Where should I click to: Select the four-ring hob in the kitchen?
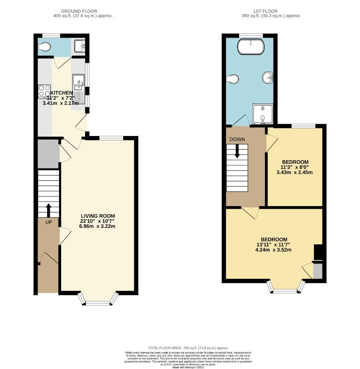pyautogui.click(x=44, y=91)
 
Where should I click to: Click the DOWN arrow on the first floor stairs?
pyautogui.click(x=237, y=151)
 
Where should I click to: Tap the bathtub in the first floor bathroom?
pyautogui.click(x=251, y=47)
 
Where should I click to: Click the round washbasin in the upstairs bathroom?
pyautogui.click(x=268, y=78)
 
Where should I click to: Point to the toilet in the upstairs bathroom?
pyautogui.click(x=232, y=79)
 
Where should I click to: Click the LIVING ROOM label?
pyautogui.click(x=98, y=216)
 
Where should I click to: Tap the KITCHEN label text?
pyautogui.click(x=61, y=93)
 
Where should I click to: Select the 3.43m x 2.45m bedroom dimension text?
pyautogui.click(x=294, y=172)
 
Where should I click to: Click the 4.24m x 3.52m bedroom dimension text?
pyautogui.click(x=274, y=250)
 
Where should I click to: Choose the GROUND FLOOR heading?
pyautogui.click(x=83, y=11)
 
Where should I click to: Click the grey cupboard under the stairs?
pyautogui.click(x=48, y=154)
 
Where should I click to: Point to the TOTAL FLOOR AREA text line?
pyautogui.click(x=188, y=348)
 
